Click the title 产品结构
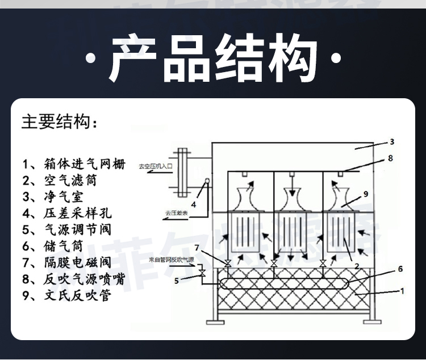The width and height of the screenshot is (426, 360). pyautogui.click(x=213, y=58)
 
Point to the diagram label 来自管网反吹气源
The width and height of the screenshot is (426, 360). pyautogui.click(x=172, y=259)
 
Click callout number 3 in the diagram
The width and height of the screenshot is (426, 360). pyautogui.click(x=391, y=141)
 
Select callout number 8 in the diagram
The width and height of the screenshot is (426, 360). pyautogui.click(x=390, y=159)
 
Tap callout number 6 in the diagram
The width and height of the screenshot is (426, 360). pyautogui.click(x=399, y=269)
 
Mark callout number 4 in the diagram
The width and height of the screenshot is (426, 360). pyautogui.click(x=193, y=204)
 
